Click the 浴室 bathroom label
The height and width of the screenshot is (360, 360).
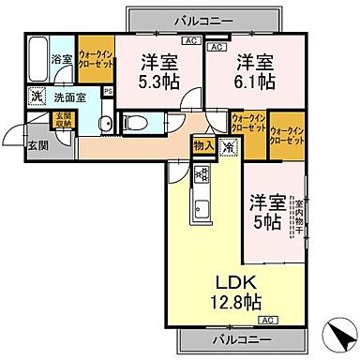click(x=61, y=57)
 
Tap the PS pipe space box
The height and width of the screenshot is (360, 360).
click(x=107, y=92)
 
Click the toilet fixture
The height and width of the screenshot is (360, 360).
click(x=132, y=121)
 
